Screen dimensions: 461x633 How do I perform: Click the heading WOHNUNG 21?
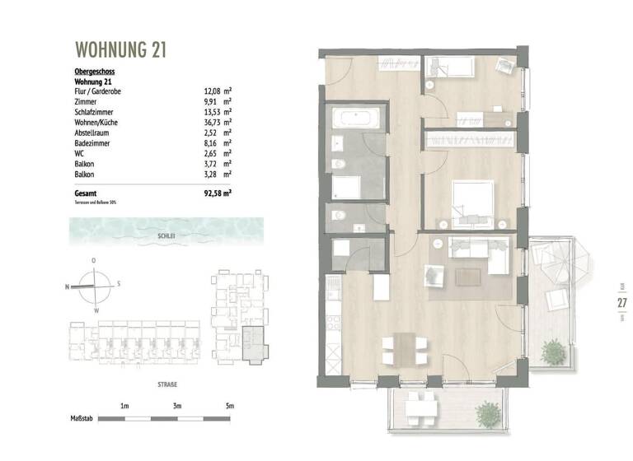(120, 49)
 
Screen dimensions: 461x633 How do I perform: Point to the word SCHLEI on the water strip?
(166, 235)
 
